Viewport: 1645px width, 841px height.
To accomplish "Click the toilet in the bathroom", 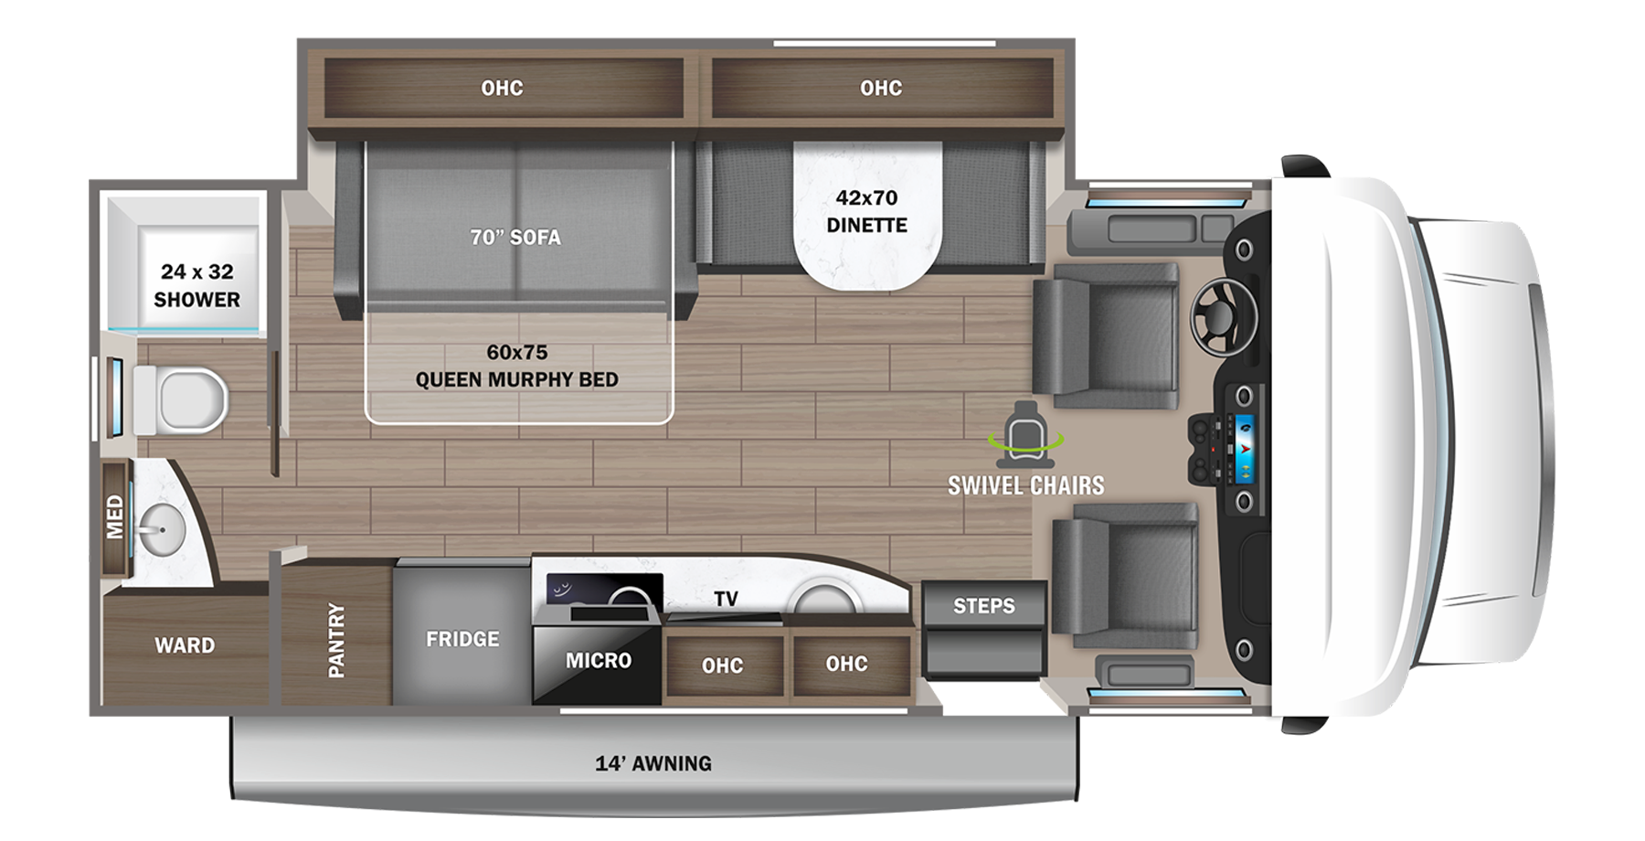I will tap(187, 400).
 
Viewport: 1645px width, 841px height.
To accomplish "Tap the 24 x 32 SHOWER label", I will tap(196, 285).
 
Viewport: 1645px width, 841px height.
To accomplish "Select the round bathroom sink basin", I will tap(163, 528).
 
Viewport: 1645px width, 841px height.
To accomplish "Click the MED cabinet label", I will tap(114, 517).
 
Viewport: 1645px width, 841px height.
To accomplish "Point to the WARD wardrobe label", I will tap(185, 645).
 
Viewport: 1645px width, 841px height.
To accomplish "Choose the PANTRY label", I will tap(336, 640).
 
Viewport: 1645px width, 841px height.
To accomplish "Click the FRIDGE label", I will tap(462, 639).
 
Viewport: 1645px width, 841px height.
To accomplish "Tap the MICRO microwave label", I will tap(598, 660).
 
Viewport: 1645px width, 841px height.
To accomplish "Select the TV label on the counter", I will tap(726, 599).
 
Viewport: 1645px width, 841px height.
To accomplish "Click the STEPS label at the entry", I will tap(983, 605).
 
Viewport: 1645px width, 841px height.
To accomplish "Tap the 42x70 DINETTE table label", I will tap(866, 211).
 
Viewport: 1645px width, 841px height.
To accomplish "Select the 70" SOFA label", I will tap(515, 238).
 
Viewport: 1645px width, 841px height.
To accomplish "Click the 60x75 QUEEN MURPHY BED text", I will tap(517, 366).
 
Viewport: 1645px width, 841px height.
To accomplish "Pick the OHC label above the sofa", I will tap(502, 88).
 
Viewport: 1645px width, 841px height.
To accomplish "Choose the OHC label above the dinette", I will tap(880, 88).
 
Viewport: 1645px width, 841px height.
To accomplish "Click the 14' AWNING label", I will tap(653, 763).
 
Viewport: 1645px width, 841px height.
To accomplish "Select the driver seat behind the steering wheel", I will tap(1110, 335).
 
